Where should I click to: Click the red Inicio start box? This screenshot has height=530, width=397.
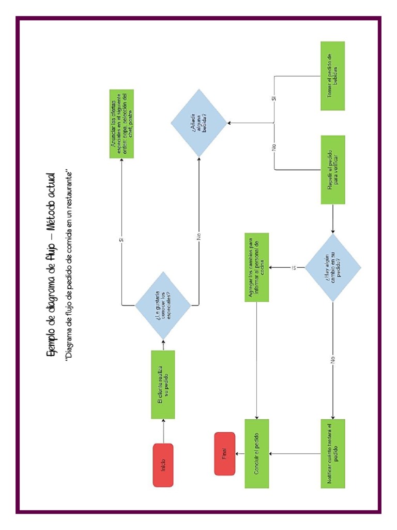coord(163,465)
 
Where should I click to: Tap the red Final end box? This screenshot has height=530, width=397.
coord(225,453)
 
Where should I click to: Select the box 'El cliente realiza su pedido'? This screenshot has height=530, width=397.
coord(163,385)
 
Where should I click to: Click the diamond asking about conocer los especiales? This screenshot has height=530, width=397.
coord(163,305)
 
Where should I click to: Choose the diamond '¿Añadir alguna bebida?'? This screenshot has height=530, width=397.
coord(199,123)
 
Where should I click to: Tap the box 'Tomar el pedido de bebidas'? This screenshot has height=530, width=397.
coord(332,76)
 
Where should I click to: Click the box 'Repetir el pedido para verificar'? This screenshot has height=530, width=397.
coord(332,169)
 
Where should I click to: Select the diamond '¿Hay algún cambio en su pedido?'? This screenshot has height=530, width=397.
coord(332,268)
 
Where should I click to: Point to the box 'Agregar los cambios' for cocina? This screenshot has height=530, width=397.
coord(256,268)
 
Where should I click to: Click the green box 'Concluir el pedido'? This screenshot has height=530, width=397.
coord(256,453)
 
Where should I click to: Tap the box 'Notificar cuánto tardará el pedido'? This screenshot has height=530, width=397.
coord(332,453)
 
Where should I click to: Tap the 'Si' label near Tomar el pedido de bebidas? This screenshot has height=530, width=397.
coord(274,98)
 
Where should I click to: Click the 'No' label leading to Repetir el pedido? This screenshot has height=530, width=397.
coord(274,146)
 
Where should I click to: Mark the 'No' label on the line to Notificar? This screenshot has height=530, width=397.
coord(332,358)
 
